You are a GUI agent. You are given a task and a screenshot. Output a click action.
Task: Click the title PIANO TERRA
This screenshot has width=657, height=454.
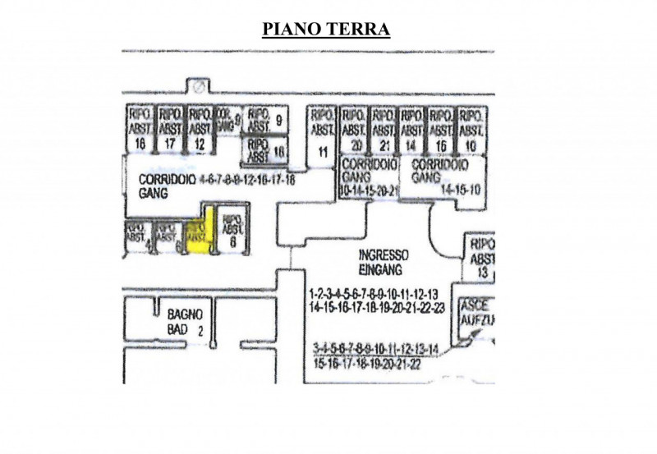(x=325, y=30)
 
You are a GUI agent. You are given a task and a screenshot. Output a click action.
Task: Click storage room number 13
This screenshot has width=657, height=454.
(x=480, y=257)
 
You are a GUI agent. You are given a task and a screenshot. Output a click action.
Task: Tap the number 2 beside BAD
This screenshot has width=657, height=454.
(x=199, y=329)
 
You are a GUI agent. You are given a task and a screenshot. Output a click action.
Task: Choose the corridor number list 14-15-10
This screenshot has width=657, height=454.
(x=461, y=189)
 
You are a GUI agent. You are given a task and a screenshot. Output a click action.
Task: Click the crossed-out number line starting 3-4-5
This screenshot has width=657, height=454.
(x=376, y=347)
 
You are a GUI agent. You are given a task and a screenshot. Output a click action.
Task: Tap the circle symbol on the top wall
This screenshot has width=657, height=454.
(x=196, y=86)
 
